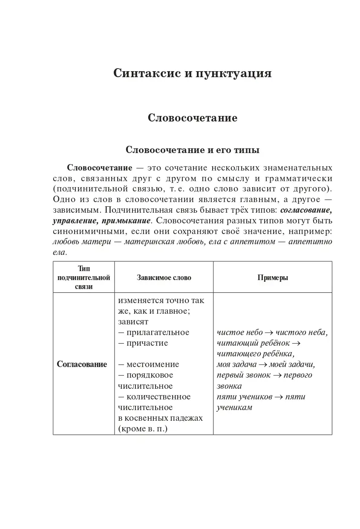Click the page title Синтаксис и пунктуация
coord(192,73)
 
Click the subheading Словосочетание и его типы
coord(193,150)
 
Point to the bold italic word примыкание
coord(126,221)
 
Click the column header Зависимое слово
coord(164,278)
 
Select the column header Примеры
coord(273,278)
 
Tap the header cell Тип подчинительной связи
coord(84,278)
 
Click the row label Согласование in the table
coord(82,364)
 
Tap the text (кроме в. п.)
coord(143,429)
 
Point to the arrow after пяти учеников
coord(279,397)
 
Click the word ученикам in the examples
coord(234,408)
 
